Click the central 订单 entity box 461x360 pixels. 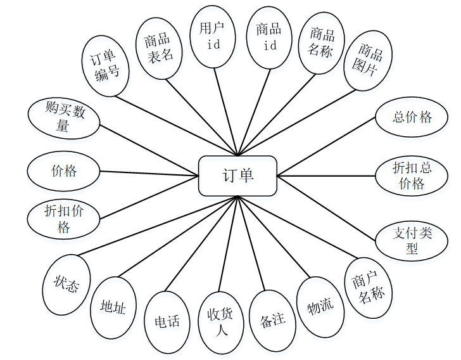point(237,176)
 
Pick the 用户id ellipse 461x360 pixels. point(213,37)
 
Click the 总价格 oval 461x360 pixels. point(412,117)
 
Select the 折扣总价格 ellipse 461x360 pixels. point(412,176)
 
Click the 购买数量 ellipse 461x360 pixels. point(65,118)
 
